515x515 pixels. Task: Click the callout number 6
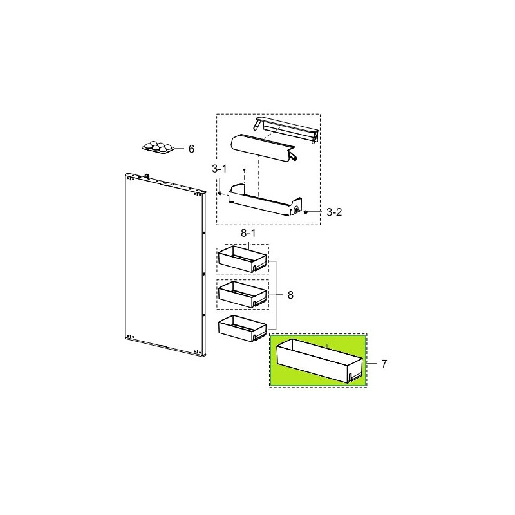[191, 149]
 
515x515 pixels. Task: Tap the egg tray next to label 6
[158, 147]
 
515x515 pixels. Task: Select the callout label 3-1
[219, 169]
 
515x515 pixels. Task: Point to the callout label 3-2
[334, 212]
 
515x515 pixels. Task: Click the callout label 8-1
[248, 233]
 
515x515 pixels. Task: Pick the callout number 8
[290, 295]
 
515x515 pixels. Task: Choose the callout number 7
[384, 364]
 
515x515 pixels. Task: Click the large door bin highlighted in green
[320, 361]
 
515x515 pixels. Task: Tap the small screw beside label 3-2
[306, 212]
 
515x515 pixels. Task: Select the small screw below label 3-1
[220, 194]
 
